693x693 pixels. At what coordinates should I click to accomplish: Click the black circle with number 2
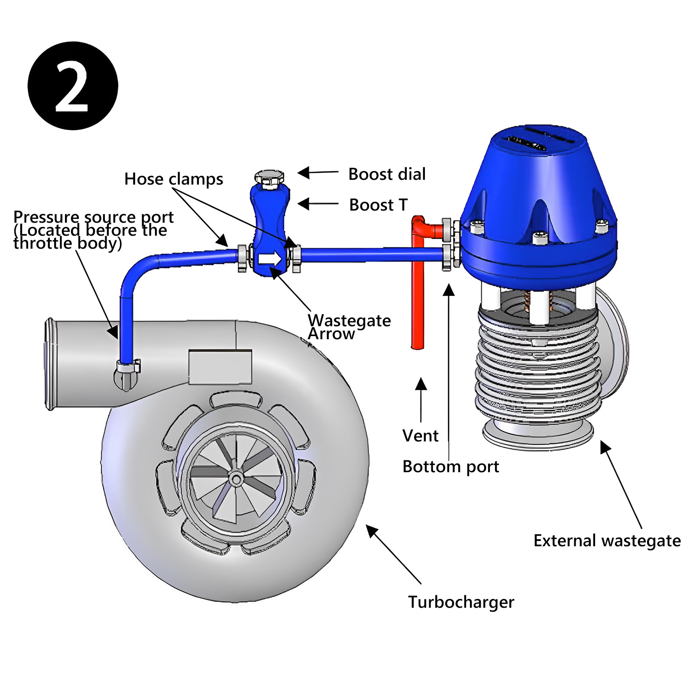(x=73, y=86)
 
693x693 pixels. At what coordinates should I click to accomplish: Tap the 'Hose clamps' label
(x=174, y=179)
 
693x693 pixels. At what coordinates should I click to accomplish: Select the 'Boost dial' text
(x=387, y=174)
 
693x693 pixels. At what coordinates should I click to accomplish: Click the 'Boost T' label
(x=379, y=205)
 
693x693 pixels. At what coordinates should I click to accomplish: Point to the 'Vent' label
(x=420, y=436)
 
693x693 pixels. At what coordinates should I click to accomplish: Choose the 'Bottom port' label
(x=450, y=467)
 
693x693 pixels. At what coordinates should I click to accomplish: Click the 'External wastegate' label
(x=607, y=541)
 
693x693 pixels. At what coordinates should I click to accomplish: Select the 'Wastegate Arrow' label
(x=349, y=327)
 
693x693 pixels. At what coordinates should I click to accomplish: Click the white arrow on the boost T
(x=269, y=259)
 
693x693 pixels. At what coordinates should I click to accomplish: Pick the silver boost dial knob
(x=269, y=178)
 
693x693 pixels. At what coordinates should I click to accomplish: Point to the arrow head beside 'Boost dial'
(x=304, y=173)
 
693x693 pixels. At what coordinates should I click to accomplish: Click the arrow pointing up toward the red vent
(x=421, y=400)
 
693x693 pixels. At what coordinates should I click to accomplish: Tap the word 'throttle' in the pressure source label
(x=43, y=243)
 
